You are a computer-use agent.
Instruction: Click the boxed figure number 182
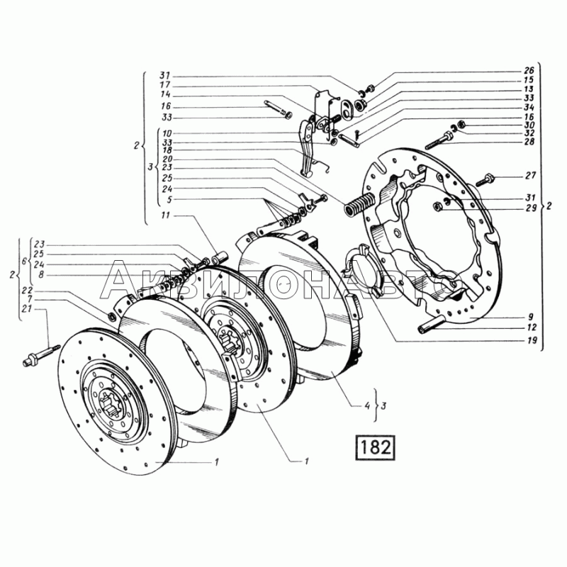pyautogui.click(x=375, y=448)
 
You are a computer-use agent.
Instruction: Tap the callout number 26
pyautogui.click(x=528, y=70)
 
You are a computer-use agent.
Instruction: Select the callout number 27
pyautogui.click(x=530, y=176)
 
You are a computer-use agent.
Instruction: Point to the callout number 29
pyautogui.click(x=530, y=208)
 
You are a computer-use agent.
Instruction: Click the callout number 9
pyautogui.click(x=530, y=317)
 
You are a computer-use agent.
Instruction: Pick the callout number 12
pyautogui.click(x=532, y=327)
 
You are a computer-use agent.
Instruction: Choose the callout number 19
pyautogui.click(x=532, y=340)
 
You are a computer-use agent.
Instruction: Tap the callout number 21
pyautogui.click(x=37, y=309)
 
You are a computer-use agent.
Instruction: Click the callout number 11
pyautogui.click(x=165, y=215)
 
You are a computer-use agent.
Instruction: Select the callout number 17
pyautogui.click(x=165, y=85)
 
